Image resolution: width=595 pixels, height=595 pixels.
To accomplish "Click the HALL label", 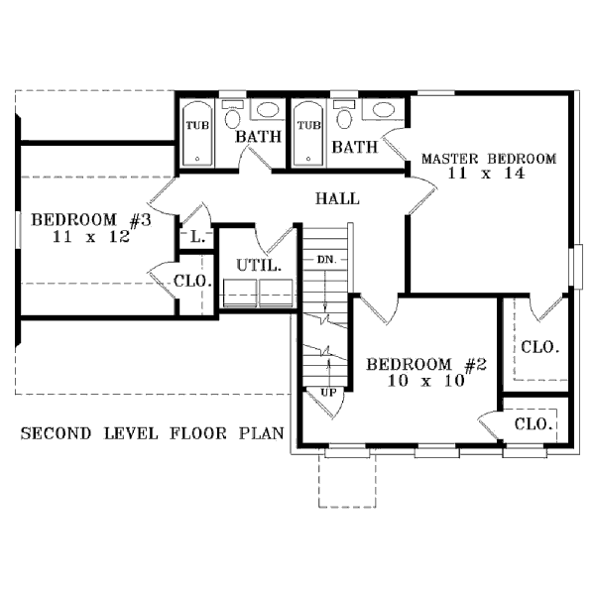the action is coord(337,198).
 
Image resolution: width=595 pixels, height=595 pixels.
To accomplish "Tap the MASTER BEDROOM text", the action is coord(489,159).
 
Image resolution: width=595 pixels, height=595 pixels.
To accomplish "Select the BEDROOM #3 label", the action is coord(91,220).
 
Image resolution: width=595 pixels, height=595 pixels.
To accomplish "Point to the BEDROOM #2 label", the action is coord(426,364).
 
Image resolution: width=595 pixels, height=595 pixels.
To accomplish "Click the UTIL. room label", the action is coord(259,265).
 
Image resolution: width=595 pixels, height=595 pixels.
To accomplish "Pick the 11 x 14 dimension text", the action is coord(487,174).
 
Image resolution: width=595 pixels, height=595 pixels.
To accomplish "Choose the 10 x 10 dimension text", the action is coord(425,380).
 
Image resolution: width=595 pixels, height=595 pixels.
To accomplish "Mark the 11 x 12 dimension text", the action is coord(91,237).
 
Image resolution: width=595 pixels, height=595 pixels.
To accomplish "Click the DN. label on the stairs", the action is coord(326,260).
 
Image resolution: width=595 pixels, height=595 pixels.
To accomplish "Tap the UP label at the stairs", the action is coord(328,392).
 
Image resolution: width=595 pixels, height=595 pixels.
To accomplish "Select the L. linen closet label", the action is coord(198,238).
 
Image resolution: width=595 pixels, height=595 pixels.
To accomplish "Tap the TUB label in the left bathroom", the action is coord(197,125).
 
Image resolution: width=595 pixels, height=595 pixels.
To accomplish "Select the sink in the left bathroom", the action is coord(268,110).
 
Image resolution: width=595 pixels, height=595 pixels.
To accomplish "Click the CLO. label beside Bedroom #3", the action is coord(192,282).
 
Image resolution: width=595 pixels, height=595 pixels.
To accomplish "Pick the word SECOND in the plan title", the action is coord(56,433).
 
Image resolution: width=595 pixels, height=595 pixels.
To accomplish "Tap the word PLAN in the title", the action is coord(262,433).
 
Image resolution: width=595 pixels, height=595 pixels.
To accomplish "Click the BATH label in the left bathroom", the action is coord(259,136).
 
